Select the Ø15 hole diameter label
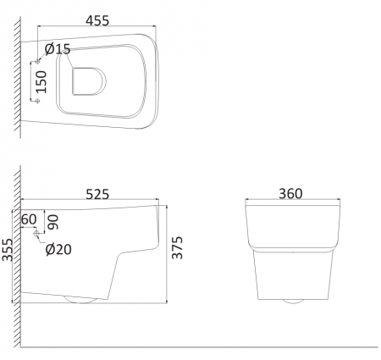[57, 49]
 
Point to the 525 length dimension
[97, 194]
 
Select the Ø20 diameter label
[58, 249]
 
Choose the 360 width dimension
[290, 194]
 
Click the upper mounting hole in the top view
[36, 62]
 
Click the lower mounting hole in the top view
[36, 101]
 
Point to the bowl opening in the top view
[87, 80]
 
